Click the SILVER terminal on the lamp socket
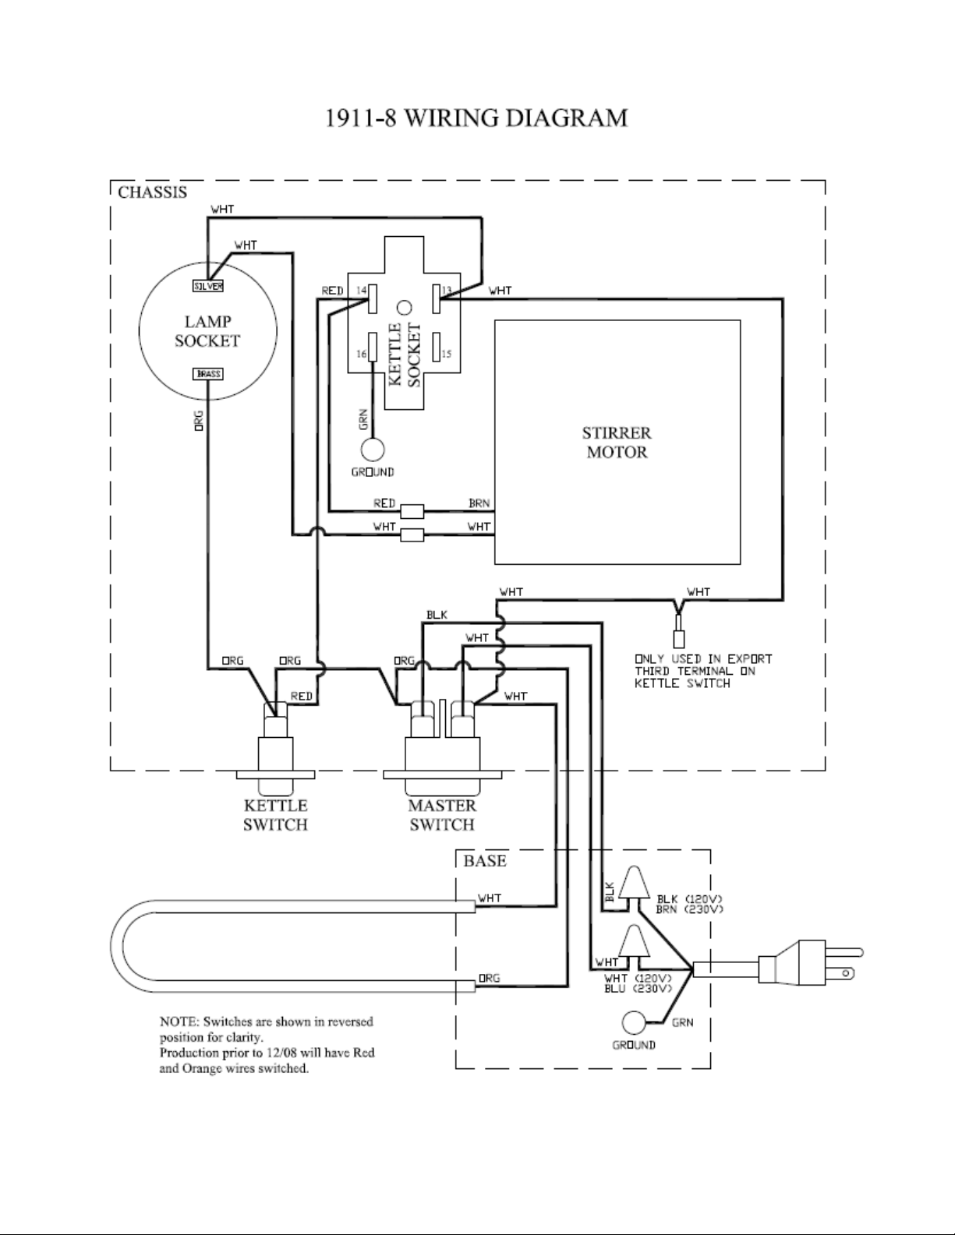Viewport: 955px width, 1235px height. coord(207,286)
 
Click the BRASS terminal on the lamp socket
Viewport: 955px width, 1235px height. coord(207,374)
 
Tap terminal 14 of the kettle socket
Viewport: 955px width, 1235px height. coord(373,299)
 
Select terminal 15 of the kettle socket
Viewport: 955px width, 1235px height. coord(437,347)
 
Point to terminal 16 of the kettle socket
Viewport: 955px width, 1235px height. coord(373,347)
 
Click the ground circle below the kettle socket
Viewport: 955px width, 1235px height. coord(373,450)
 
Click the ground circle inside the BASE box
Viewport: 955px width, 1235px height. coord(634,1022)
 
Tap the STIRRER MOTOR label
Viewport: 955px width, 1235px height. coord(617,443)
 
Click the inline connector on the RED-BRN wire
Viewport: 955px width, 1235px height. coord(412,511)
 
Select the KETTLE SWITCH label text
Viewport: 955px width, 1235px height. coord(276,815)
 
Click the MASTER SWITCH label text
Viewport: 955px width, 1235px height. coord(442,815)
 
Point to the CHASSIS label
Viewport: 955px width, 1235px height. coord(152,192)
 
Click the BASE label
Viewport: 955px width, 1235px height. coord(485,860)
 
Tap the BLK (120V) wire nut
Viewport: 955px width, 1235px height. coord(635,883)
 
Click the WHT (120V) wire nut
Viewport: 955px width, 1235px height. coord(635,941)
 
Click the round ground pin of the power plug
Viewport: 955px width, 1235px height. coord(847,973)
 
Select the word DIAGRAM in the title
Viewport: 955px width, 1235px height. coord(567,118)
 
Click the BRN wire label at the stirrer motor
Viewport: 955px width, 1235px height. coord(479,503)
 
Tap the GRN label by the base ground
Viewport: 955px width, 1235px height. coord(683,1022)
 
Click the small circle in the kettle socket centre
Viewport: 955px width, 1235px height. coord(405,308)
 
